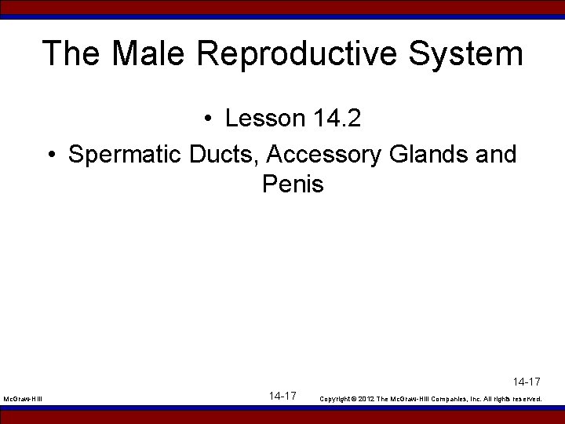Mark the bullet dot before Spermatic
[51, 155]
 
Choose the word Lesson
[264, 119]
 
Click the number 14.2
[337, 119]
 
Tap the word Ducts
[226, 155]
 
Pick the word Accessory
[325, 155]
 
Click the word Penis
[293, 185]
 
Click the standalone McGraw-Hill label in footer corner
[23, 400]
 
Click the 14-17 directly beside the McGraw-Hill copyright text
[282, 396]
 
